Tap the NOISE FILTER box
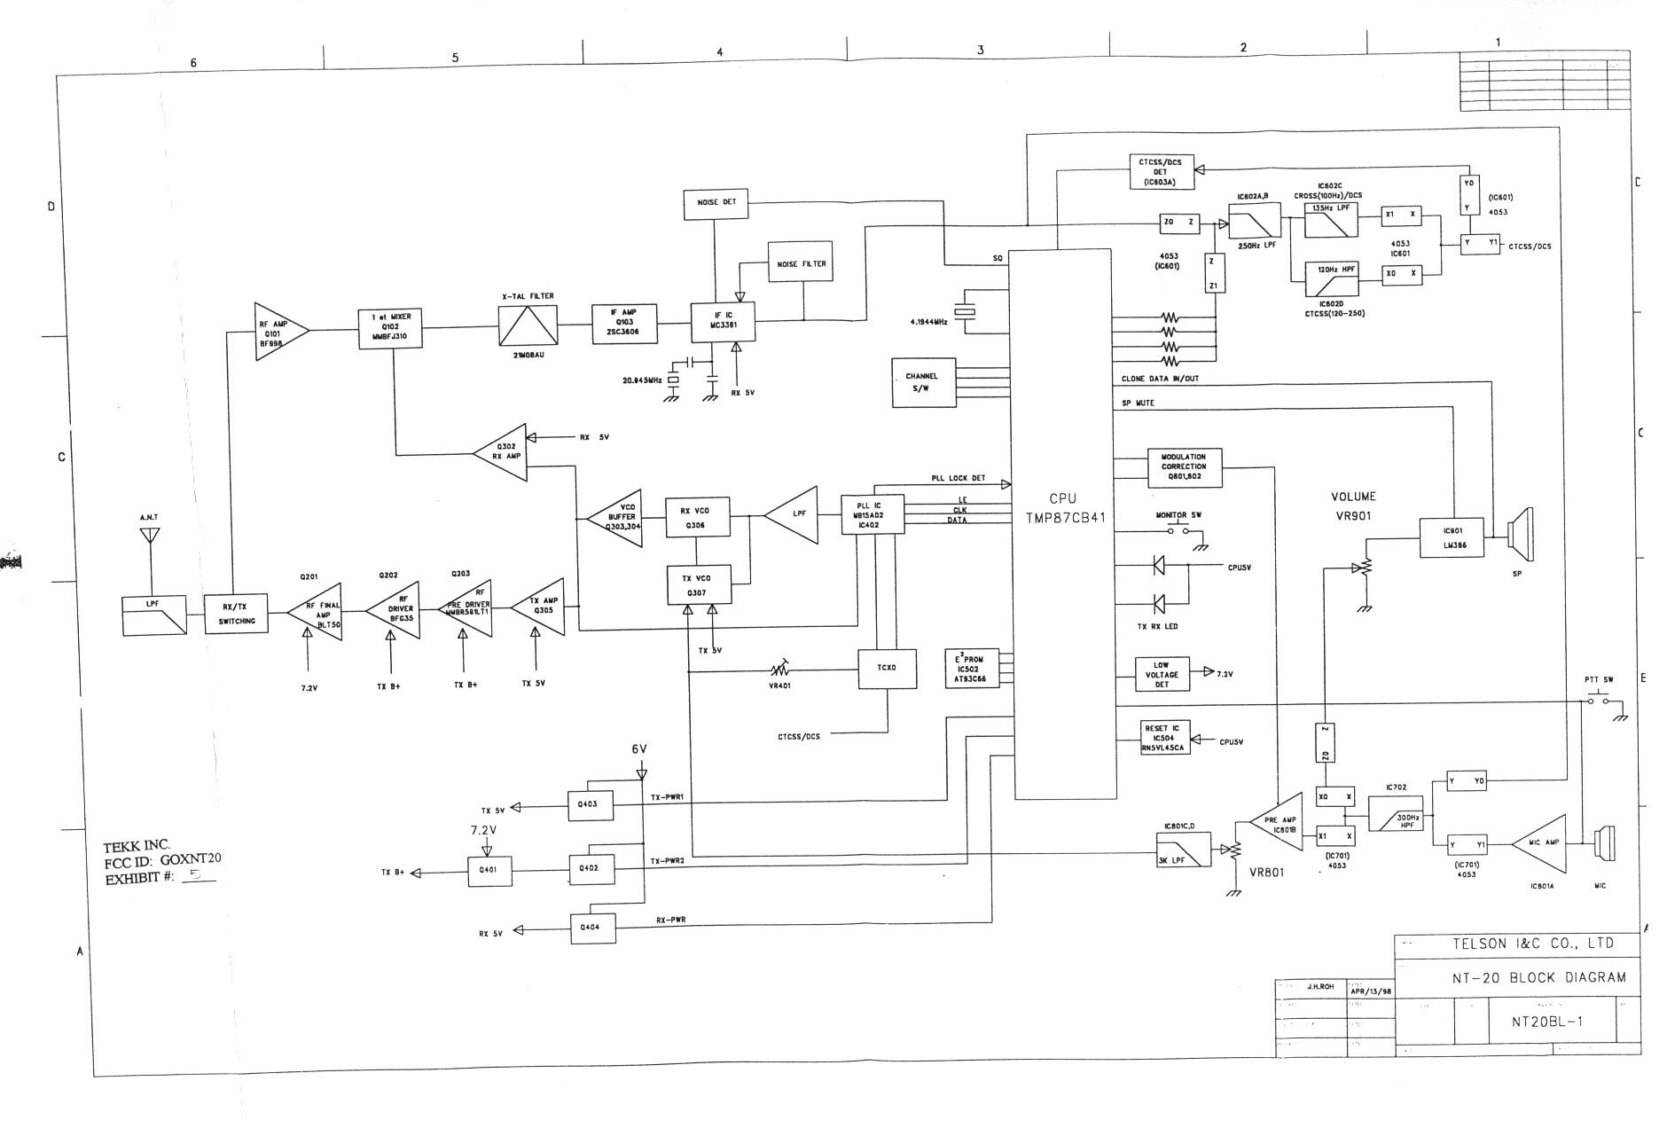point(801,263)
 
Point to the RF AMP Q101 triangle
point(278,331)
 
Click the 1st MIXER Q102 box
point(391,329)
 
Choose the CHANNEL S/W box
point(923,383)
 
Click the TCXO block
point(888,669)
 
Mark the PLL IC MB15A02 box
point(873,514)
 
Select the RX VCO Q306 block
point(698,516)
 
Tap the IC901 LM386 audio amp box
point(1451,537)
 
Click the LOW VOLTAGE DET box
point(1161,675)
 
